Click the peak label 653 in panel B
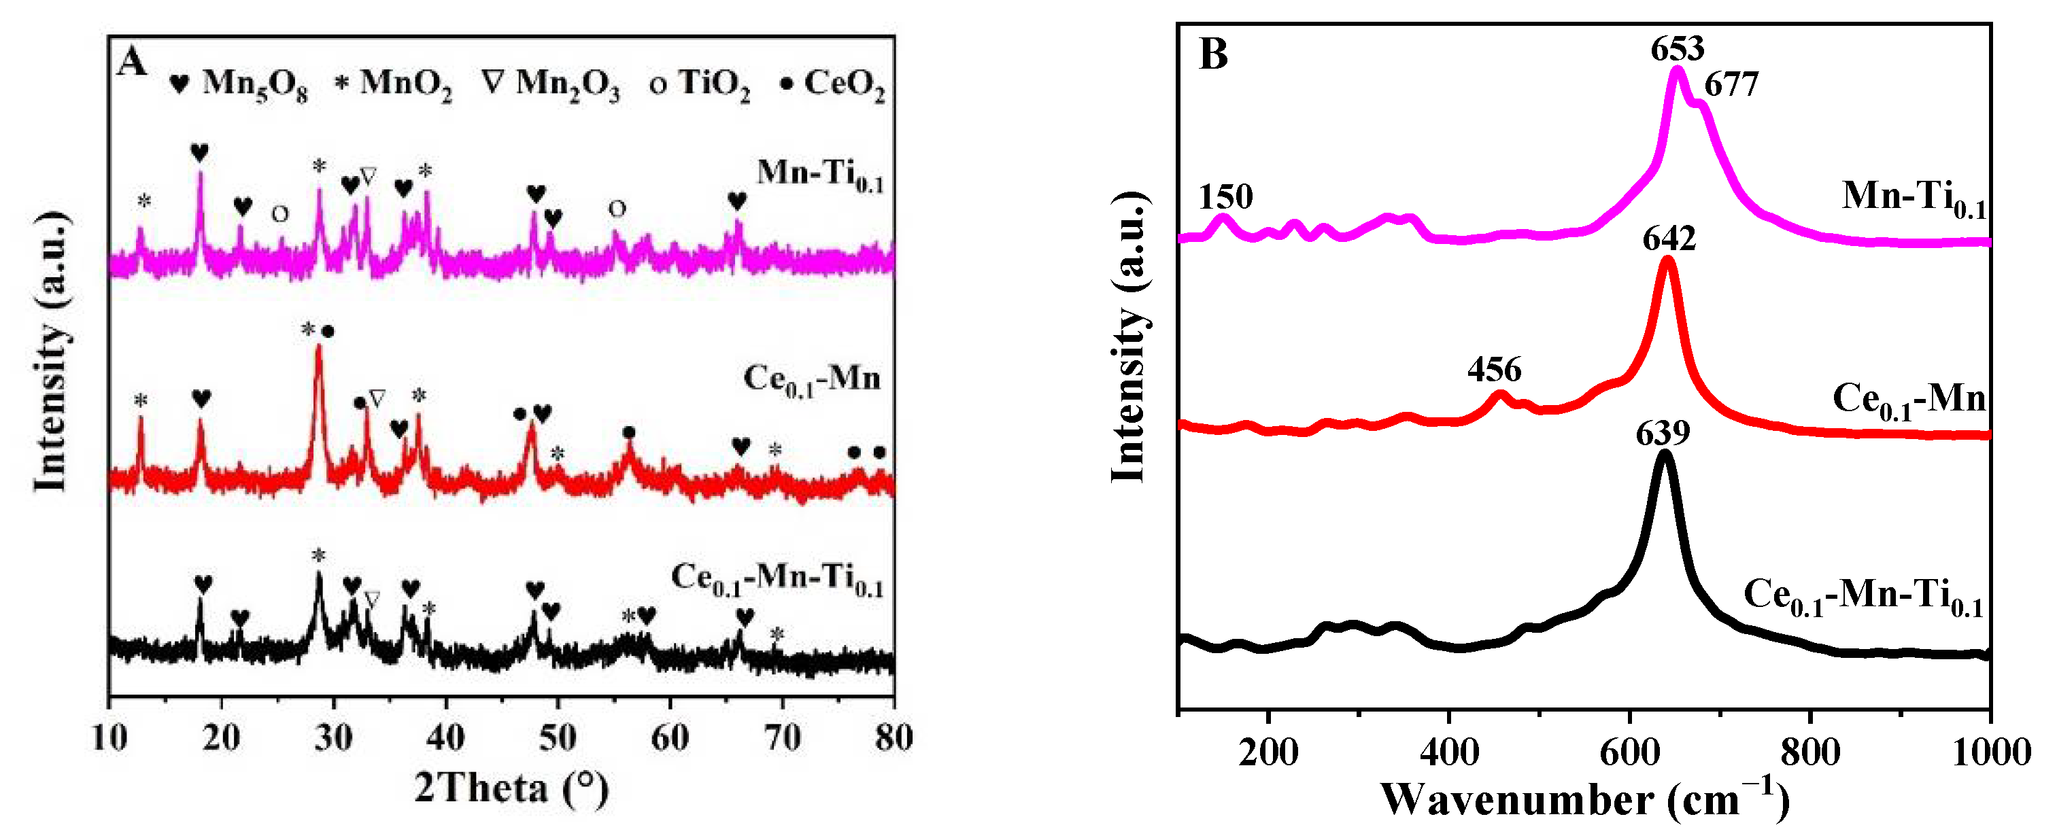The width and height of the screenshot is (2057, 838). [x=1678, y=50]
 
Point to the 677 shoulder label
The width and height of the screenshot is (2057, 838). [x=1731, y=84]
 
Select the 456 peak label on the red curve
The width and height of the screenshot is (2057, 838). [x=1494, y=370]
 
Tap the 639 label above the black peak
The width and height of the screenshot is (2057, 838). [x=1663, y=434]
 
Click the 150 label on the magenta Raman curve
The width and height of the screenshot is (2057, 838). [x=1226, y=196]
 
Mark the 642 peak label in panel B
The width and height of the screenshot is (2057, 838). [x=1669, y=239]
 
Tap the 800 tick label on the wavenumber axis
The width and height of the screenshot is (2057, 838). [x=1810, y=752]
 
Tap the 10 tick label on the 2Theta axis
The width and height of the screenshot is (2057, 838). [x=109, y=738]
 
